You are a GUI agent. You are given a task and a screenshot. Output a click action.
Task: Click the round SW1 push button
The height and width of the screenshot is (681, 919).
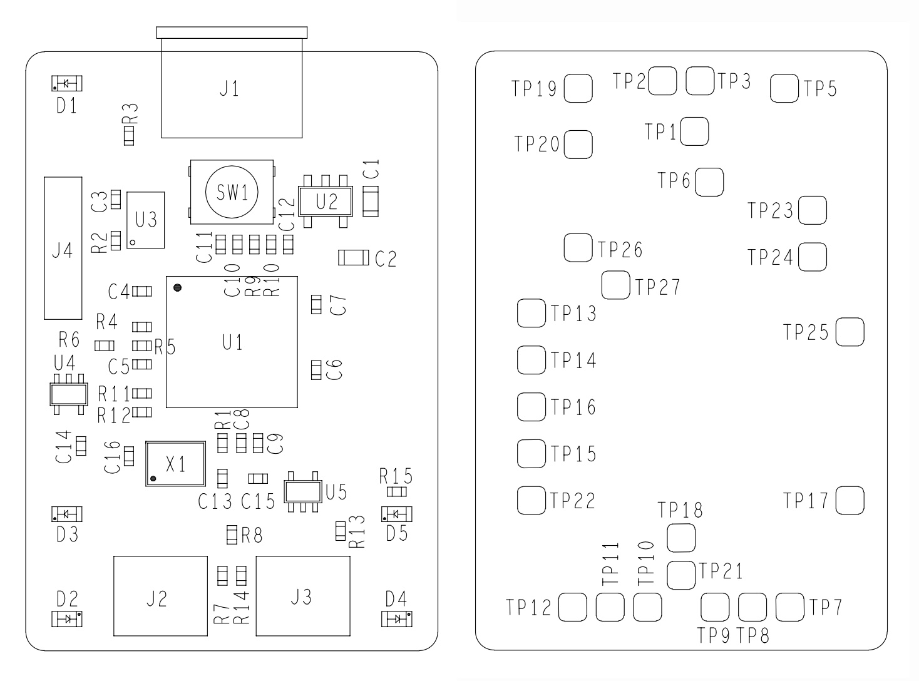(232, 192)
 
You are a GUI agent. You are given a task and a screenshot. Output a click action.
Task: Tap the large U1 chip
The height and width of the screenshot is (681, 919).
(232, 342)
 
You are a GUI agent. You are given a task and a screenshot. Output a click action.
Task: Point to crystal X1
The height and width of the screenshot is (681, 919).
(175, 464)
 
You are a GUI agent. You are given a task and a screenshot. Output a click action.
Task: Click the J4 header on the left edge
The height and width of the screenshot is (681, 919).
(63, 247)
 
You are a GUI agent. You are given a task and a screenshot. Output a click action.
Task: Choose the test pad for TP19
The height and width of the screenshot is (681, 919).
(578, 88)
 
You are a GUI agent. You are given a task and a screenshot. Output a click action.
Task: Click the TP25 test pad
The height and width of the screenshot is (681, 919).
(850, 332)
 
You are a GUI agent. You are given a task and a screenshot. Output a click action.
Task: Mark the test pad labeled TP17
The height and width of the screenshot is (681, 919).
(850, 501)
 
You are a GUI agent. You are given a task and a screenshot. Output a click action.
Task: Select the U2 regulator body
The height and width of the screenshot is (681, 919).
(326, 201)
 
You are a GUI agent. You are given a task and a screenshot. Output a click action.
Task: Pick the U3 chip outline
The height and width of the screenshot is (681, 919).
(146, 220)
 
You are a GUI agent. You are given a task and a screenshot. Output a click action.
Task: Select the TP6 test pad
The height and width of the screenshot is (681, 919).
(709, 182)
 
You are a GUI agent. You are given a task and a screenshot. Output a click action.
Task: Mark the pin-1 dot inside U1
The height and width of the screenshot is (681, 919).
(178, 288)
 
